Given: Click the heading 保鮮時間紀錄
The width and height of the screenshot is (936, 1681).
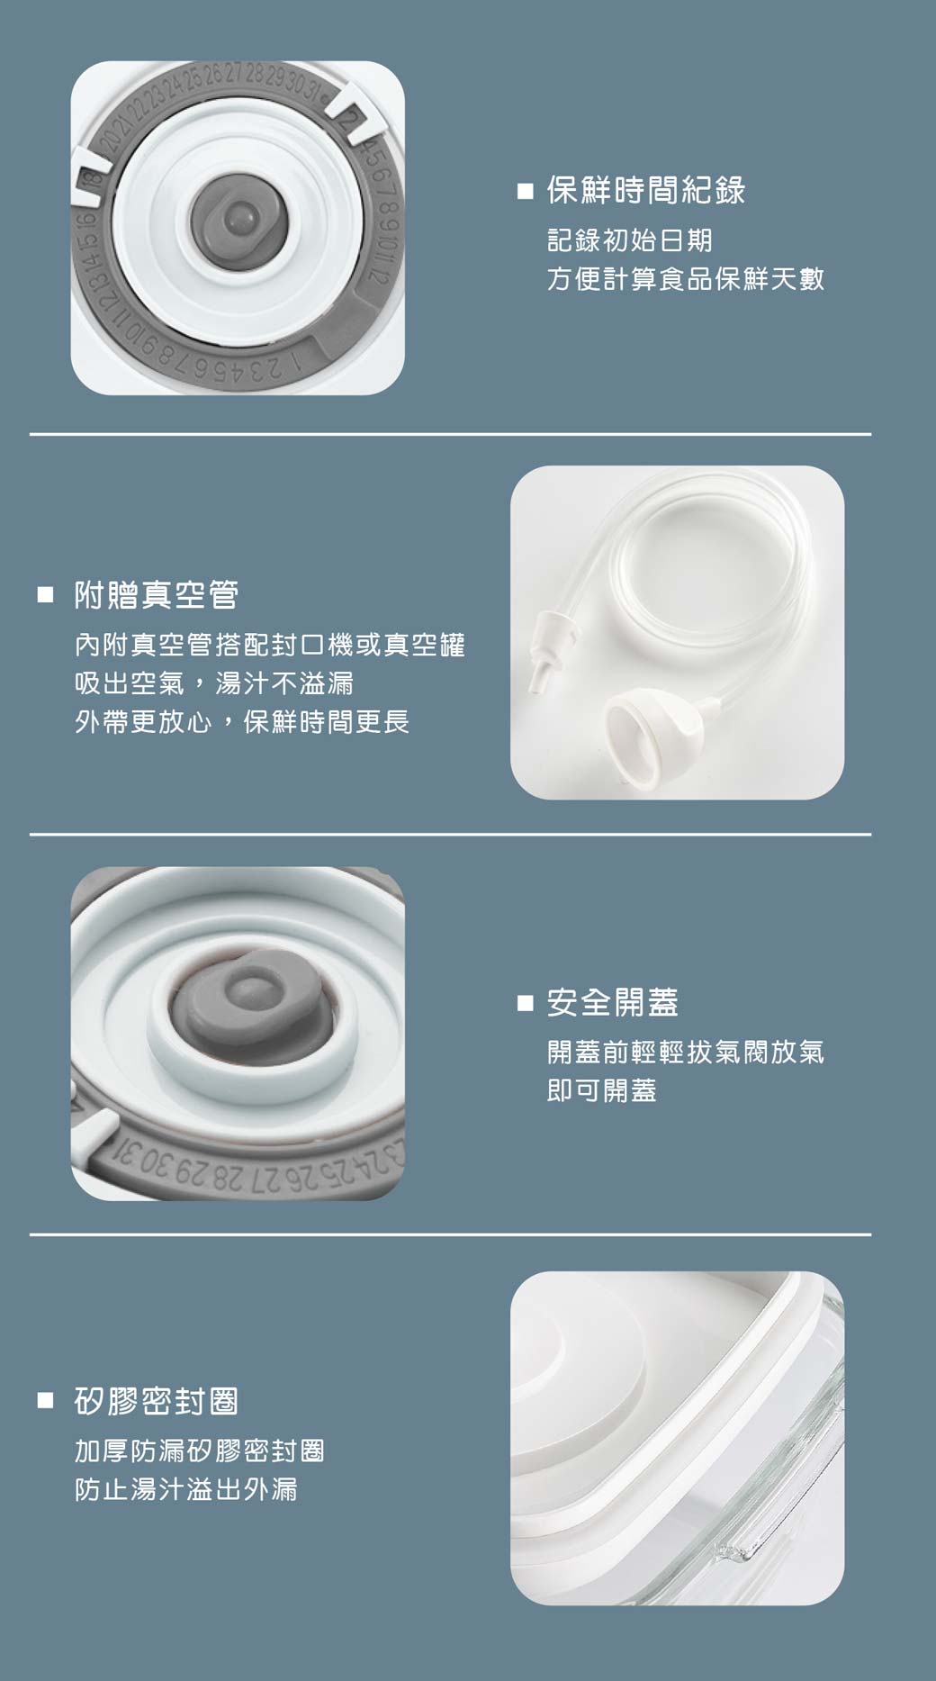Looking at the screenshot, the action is [x=646, y=190].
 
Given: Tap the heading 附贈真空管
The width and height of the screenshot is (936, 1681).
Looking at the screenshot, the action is [x=157, y=595].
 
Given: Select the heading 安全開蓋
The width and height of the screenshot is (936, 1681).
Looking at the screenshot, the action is [x=613, y=1002].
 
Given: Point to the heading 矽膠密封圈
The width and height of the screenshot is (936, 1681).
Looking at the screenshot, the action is [x=157, y=1401].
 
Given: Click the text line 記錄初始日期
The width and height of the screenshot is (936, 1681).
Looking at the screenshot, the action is [x=630, y=240].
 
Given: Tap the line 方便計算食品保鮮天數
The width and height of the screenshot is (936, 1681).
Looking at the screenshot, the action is [x=686, y=279].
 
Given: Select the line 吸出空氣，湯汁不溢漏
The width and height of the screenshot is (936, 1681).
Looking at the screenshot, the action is [x=214, y=683].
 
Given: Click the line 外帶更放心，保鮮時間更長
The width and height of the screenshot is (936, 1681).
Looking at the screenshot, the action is [x=242, y=722].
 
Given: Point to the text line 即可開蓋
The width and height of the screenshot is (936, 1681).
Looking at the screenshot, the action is [x=602, y=1090].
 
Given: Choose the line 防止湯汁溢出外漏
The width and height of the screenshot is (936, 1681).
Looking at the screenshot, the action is [x=186, y=1490].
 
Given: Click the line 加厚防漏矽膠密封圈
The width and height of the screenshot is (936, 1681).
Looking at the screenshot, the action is [x=200, y=1451].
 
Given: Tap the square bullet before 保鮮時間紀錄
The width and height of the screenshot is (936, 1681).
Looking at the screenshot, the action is [x=526, y=192].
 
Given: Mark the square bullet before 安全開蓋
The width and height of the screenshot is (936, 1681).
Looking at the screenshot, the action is [x=526, y=1003].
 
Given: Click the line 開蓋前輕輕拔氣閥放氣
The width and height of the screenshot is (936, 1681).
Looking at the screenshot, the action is [x=686, y=1052].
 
